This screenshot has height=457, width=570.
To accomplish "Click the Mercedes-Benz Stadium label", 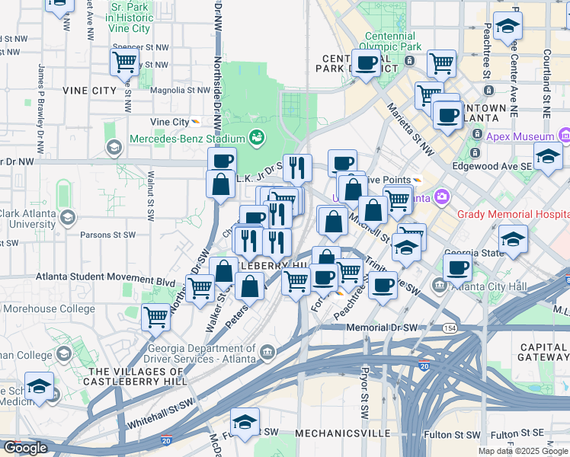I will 187,139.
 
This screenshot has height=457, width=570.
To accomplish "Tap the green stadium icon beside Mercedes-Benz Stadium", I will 256,138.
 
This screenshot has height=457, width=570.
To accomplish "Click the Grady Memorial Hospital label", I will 513,213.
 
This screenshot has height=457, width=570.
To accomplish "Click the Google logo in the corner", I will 25,448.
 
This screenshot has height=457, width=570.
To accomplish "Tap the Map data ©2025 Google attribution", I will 524,451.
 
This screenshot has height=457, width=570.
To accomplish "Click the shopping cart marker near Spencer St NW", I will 124,62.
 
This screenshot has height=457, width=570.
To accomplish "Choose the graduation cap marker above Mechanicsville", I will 245,420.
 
